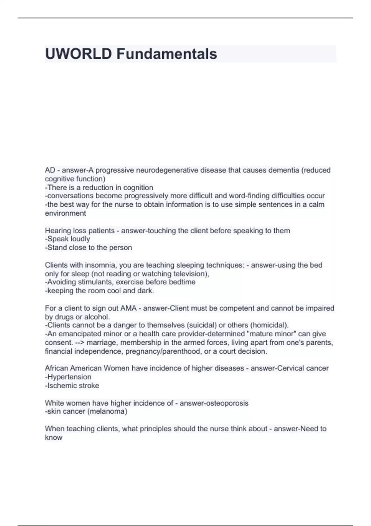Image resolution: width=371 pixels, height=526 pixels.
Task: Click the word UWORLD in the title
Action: pos(78,54)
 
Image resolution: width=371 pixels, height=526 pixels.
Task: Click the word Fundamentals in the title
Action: pos(167,54)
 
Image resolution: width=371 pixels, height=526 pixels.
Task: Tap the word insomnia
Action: pos(100,265)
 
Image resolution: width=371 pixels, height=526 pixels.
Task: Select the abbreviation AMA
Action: pos(128,308)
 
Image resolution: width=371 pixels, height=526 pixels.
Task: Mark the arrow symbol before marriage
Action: pos(80,343)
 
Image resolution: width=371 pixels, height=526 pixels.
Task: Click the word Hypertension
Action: pos(69,377)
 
